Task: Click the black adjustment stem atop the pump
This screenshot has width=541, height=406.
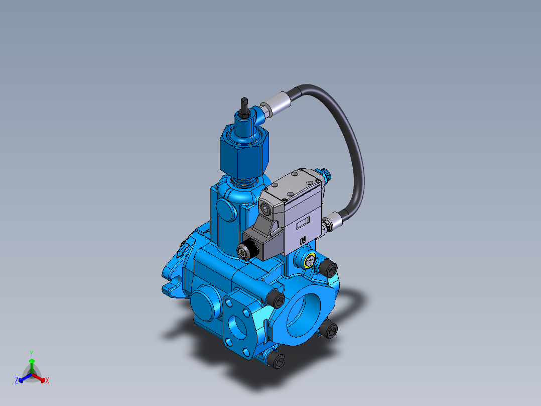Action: click(x=244, y=104)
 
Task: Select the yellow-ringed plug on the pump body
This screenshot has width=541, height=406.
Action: click(x=309, y=261)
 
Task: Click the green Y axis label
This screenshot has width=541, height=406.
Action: click(x=31, y=353)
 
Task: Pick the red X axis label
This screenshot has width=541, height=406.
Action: click(x=47, y=381)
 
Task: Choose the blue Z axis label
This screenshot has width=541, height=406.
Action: click(x=16, y=381)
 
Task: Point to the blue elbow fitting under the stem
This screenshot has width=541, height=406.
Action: click(x=262, y=113)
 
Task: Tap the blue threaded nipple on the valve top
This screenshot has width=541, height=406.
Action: click(x=324, y=174)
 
